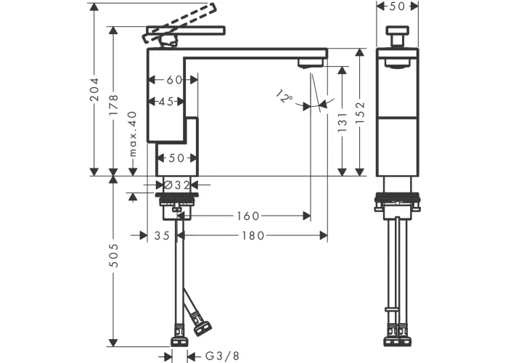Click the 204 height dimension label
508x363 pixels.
94,89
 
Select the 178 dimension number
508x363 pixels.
113,105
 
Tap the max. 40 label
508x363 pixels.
133,134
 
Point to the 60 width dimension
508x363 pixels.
174,80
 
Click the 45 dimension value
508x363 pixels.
166,102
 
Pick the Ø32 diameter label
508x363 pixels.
176,185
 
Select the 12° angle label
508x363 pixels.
284,97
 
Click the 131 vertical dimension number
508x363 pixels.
343,122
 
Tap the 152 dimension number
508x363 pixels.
360,112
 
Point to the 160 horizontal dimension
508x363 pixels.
248,216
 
